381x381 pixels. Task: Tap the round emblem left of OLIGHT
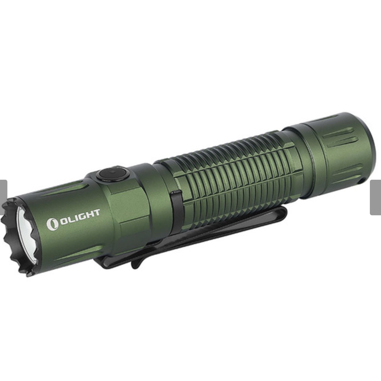[52, 224]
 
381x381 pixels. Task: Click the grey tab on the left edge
[3, 197]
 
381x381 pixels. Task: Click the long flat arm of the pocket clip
[223, 231]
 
